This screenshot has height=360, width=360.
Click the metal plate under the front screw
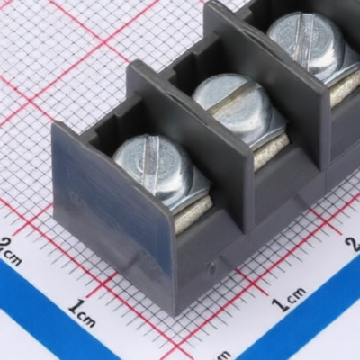[x=193, y=214]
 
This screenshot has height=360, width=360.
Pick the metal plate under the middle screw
[x=272, y=151]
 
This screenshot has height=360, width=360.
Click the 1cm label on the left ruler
[x=82, y=312]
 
